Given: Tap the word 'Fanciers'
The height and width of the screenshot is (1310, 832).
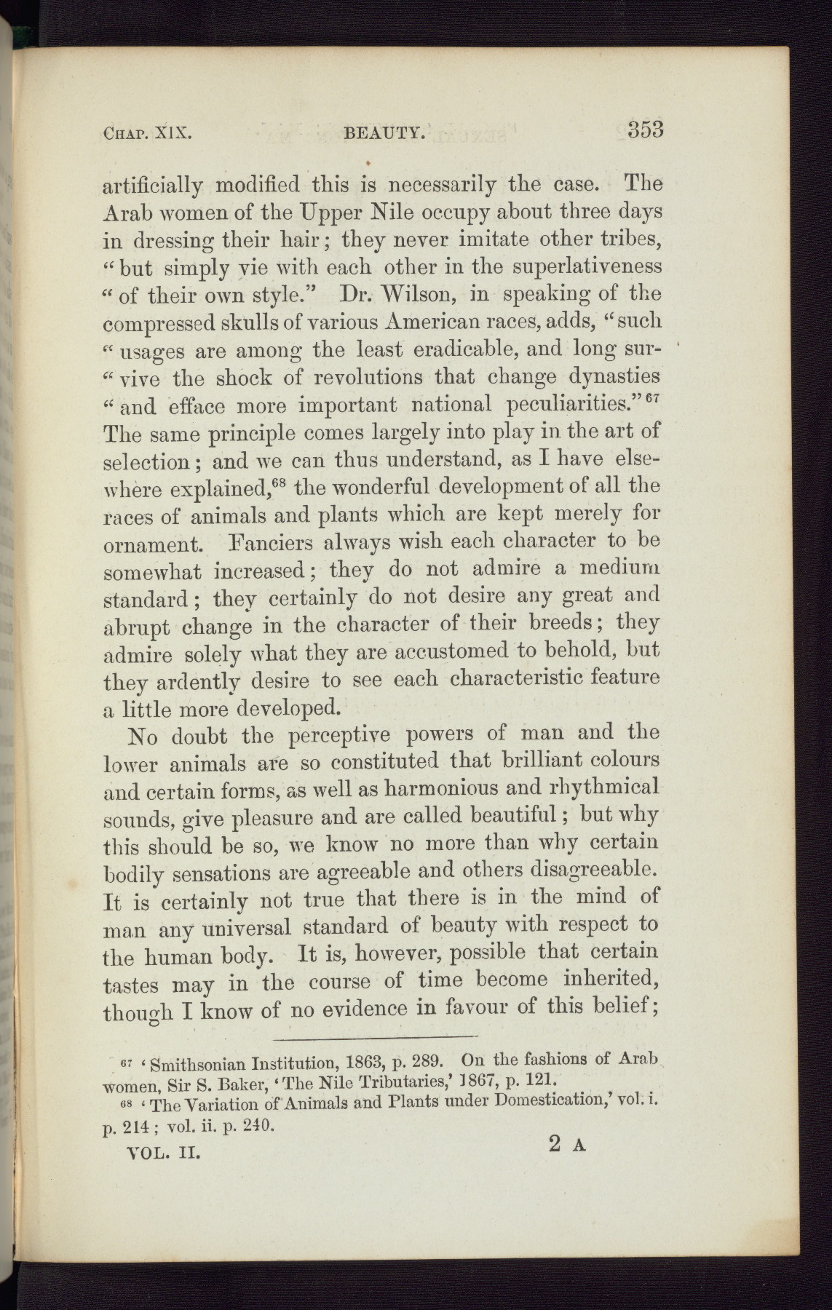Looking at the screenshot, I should coord(270,543).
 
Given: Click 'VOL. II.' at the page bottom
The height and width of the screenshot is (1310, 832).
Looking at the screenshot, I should coord(158,1153).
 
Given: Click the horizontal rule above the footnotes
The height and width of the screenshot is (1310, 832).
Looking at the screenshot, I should coord(375,1036).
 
